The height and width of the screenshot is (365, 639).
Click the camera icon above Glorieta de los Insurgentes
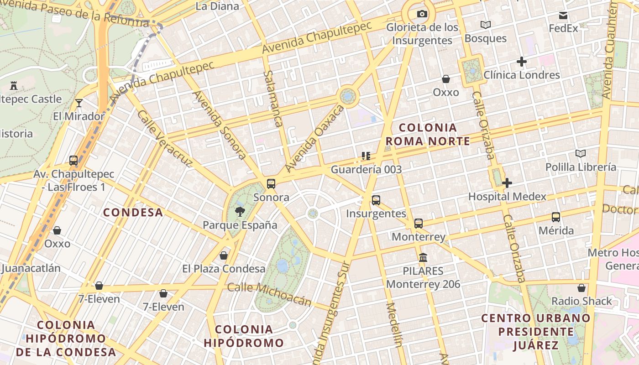coord(422,14)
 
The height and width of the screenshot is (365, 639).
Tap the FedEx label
coord(563,28)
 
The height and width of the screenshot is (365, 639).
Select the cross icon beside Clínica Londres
coord(522,62)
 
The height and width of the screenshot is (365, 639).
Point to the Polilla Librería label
coord(581,167)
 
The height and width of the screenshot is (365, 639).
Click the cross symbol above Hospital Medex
coord(507,183)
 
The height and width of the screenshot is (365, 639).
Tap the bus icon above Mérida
coord(555,217)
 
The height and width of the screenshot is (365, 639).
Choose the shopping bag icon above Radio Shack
coord(581,288)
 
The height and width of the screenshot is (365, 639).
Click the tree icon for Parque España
coord(240,212)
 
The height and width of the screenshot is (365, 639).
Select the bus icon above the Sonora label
coord(271,184)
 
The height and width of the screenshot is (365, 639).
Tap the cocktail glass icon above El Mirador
coord(79,103)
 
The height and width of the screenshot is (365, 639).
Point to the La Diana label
coord(217,6)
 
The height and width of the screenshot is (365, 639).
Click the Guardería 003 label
coord(366,170)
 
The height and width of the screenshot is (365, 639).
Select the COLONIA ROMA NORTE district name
coord(428,134)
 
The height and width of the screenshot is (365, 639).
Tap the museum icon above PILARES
coord(423,258)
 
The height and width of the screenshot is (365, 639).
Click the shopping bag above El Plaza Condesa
coord(224,255)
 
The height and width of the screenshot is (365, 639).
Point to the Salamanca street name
coord(273,98)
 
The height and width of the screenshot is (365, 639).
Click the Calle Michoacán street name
coord(269,294)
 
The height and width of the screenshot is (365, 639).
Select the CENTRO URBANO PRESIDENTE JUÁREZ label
coord(536,331)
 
